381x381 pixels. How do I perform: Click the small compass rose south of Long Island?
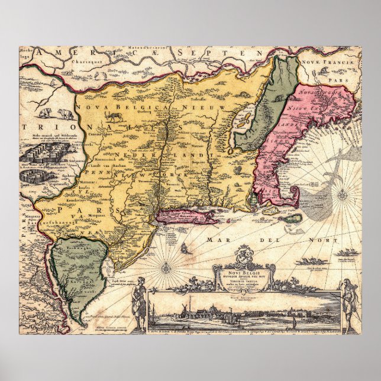coord(167,268)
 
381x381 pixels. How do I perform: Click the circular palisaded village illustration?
coord(33,176)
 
